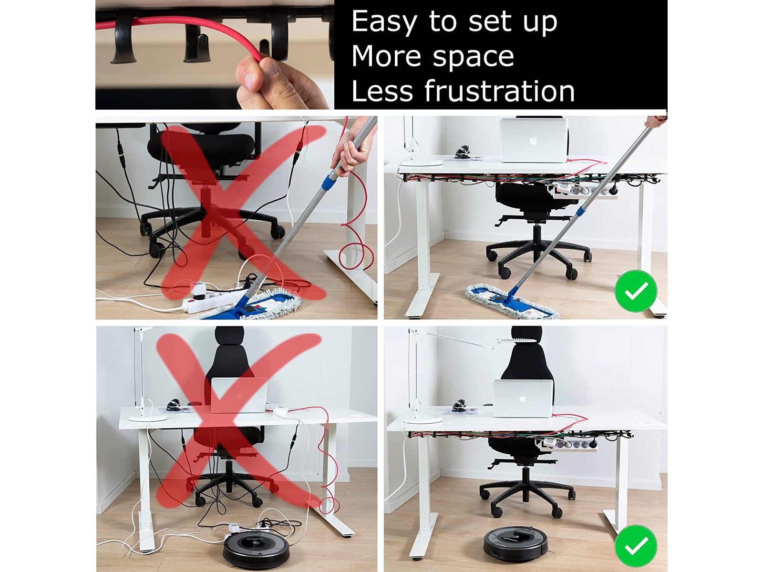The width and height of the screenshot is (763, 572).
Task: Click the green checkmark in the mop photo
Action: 636,291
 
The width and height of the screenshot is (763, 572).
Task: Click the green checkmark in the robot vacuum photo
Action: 636,546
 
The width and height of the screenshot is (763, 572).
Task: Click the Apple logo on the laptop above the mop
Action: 533,141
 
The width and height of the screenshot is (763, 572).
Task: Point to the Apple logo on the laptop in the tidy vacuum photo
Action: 523,398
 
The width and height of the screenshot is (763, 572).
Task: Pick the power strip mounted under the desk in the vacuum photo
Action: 567,446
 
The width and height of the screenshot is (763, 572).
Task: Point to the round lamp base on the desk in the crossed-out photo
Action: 144,417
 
